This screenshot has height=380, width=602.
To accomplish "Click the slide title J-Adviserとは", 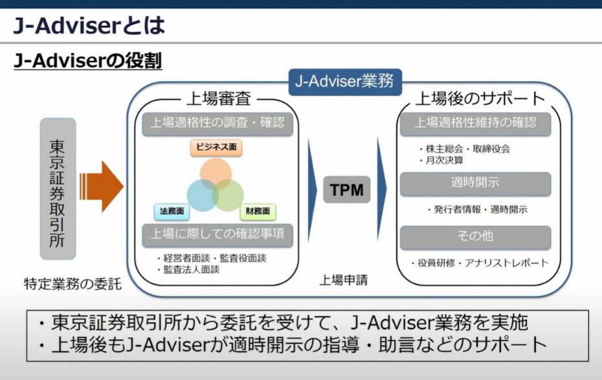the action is click(89, 25).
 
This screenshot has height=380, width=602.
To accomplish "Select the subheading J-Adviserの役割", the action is click(88, 61).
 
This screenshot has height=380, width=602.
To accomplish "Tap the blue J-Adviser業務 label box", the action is click(345, 82).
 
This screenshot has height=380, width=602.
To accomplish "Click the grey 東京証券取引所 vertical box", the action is click(58, 188).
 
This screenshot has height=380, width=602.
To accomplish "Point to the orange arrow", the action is click(102, 186).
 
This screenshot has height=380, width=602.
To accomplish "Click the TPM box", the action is click(347, 190).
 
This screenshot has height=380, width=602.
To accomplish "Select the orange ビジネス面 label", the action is click(216, 148).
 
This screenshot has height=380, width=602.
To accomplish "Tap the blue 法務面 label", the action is click(172, 212).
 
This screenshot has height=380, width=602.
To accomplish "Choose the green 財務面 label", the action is click(258, 212).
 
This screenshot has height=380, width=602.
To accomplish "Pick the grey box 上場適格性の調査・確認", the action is click(217, 123).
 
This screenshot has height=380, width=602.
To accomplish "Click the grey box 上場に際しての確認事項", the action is click(217, 234).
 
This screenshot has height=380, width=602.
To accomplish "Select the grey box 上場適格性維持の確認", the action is click(475, 123).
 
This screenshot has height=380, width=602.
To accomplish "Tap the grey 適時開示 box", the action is click(475, 183).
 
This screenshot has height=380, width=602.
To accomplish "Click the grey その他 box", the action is click(475, 236).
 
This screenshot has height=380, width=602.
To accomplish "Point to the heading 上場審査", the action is click(219, 98).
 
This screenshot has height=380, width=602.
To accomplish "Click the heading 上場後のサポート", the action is click(480, 98).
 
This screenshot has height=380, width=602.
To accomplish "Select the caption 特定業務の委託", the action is click(72, 284).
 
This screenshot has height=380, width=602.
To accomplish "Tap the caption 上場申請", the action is click(344, 280).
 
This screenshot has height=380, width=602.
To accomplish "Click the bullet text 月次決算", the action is click(444, 161).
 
